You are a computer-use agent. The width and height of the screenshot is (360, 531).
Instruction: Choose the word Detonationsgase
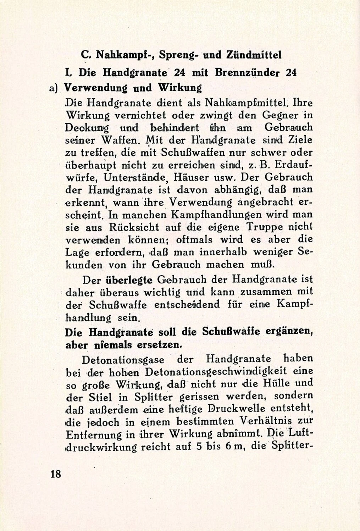click(x=123, y=359)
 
